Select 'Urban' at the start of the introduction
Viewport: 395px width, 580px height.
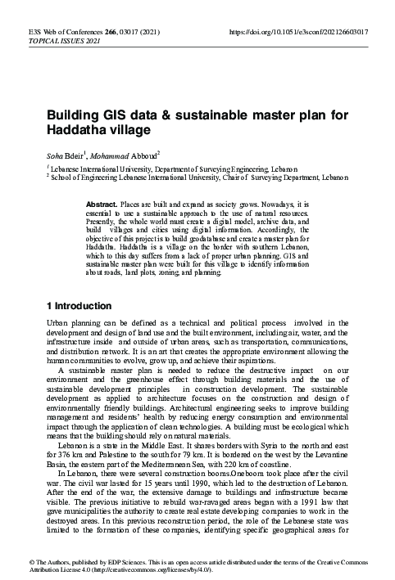[59, 324]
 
